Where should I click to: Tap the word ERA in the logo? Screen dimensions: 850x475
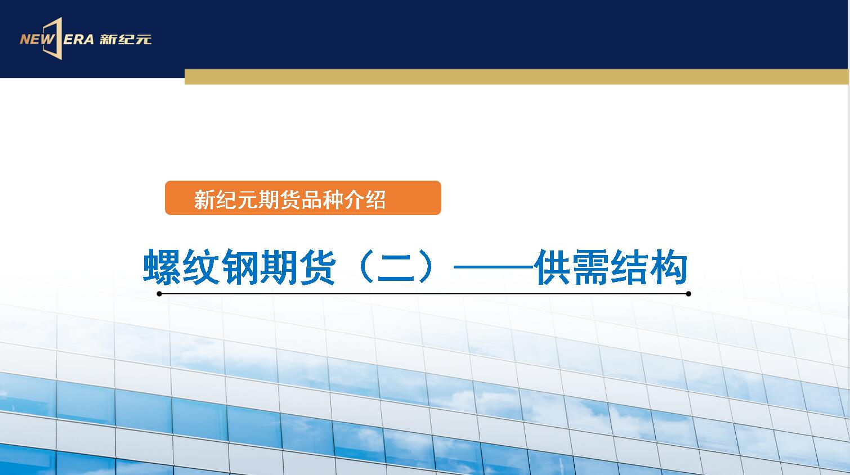(x=79, y=39)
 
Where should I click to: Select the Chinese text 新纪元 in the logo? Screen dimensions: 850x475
(x=126, y=39)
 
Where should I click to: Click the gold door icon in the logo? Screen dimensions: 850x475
(x=53, y=38)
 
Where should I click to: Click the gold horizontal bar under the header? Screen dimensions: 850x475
(x=516, y=77)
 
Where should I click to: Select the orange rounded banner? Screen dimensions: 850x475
(x=303, y=198)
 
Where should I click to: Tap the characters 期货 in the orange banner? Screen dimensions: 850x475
(x=279, y=200)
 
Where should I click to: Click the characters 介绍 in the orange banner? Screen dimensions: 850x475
(x=365, y=200)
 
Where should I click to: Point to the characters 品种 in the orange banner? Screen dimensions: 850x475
(x=322, y=200)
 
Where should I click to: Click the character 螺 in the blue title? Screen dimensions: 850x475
(x=162, y=267)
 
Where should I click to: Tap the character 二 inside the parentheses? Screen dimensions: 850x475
(x=396, y=267)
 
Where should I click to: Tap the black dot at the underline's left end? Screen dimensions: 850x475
(x=159, y=294)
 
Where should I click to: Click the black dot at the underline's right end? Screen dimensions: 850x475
(x=689, y=294)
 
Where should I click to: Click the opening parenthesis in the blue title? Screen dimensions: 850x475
(x=364, y=267)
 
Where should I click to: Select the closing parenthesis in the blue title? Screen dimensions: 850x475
(x=427, y=267)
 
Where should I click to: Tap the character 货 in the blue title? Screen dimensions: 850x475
(x=317, y=267)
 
